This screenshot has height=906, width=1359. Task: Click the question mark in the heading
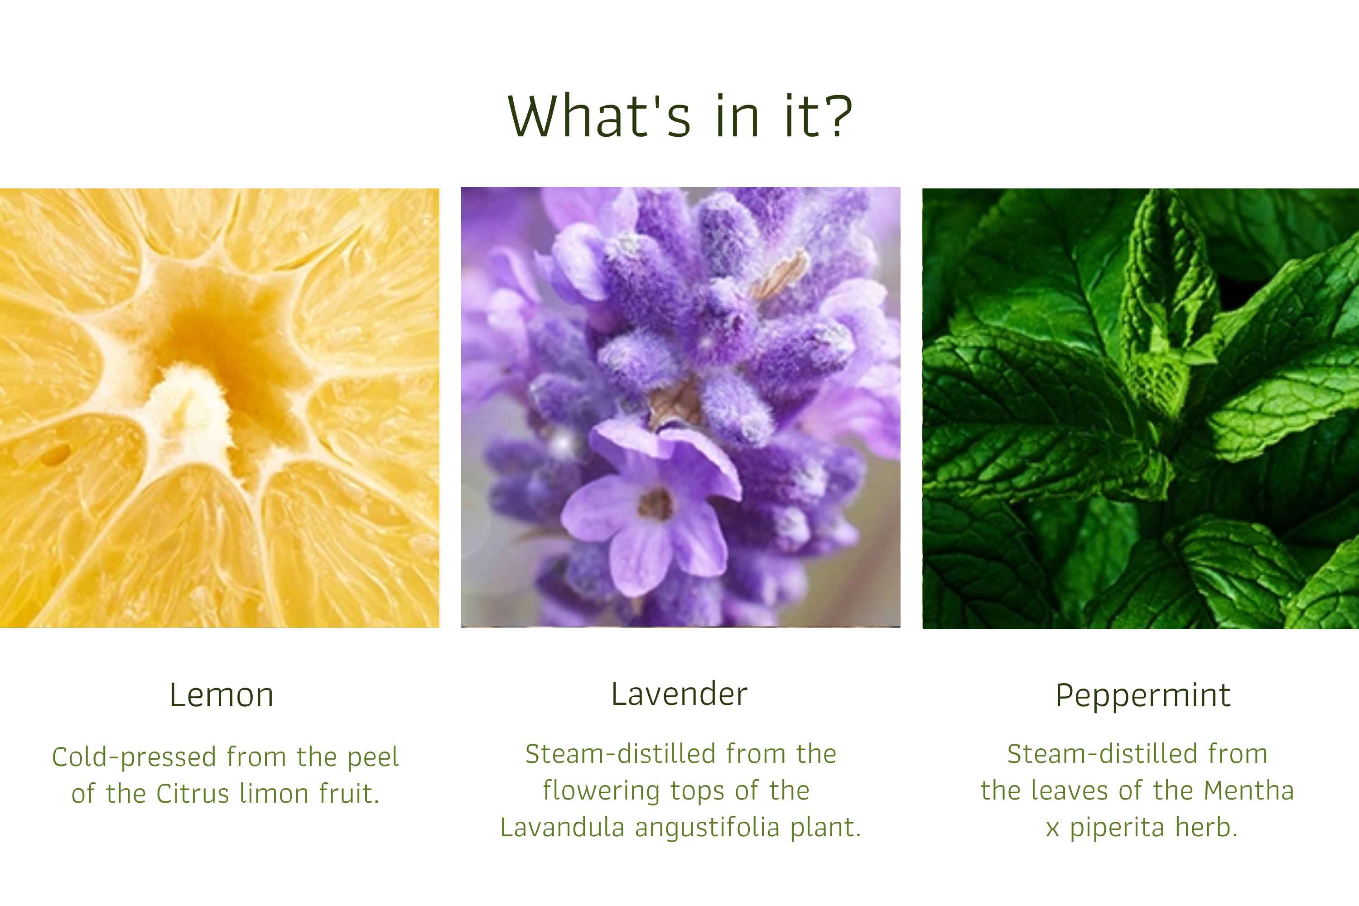point(835,115)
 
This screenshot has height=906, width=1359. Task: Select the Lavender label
point(679,694)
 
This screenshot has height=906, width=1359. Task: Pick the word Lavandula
point(562,828)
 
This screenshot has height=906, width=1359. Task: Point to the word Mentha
point(1249,790)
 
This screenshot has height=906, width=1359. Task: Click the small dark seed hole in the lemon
point(55,455)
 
